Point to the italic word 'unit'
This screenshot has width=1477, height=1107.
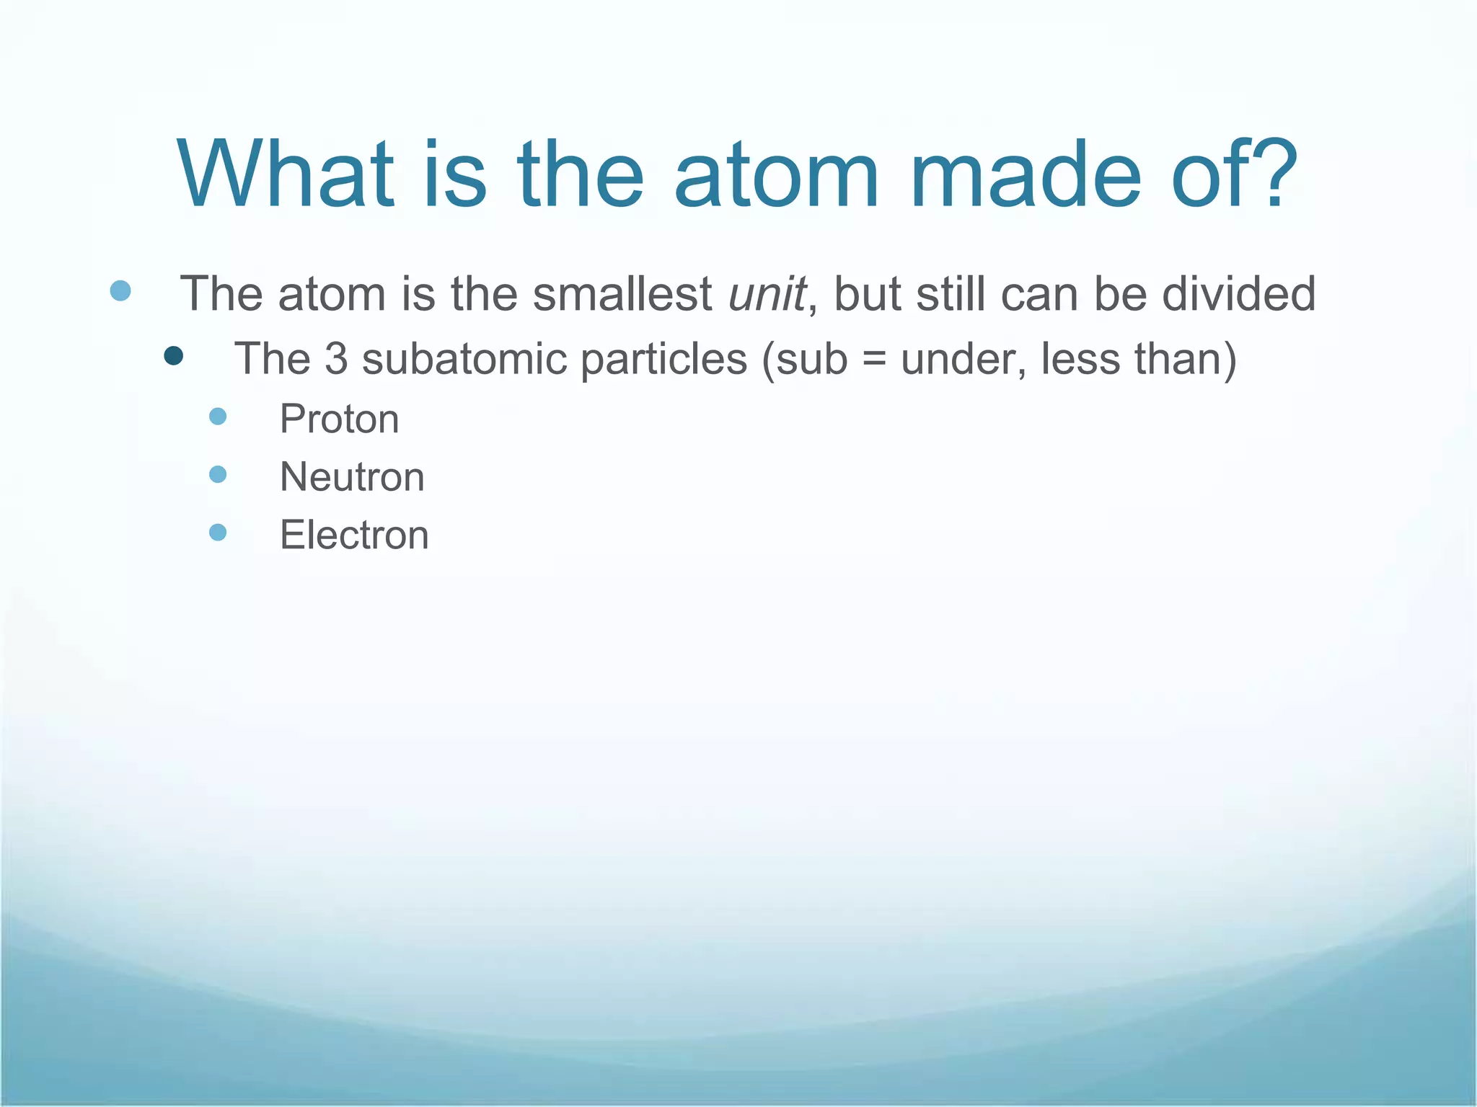(767, 294)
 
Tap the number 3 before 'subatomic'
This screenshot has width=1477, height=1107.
(335, 358)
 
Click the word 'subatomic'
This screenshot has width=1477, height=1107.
(462, 358)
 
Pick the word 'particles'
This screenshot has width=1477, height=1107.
(663, 360)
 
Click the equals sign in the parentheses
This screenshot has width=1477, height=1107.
(873, 360)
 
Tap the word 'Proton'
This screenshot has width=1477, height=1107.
(339, 419)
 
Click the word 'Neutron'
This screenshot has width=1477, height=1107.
(352, 477)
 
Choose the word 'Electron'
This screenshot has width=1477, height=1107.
(354, 535)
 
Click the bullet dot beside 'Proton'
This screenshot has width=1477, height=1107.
(218, 416)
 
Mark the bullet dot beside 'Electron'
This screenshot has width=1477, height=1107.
(218, 532)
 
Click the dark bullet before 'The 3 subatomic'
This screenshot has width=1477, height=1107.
(173, 355)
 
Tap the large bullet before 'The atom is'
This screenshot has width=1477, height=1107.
(120, 290)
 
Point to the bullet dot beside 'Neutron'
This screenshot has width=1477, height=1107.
(218, 474)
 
